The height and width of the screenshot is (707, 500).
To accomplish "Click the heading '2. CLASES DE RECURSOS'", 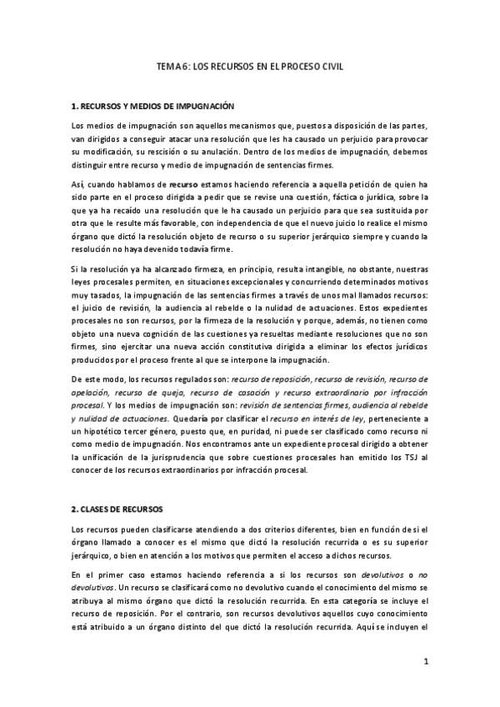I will pos(117,508).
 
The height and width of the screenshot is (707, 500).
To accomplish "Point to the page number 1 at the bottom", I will pos(425,662).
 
